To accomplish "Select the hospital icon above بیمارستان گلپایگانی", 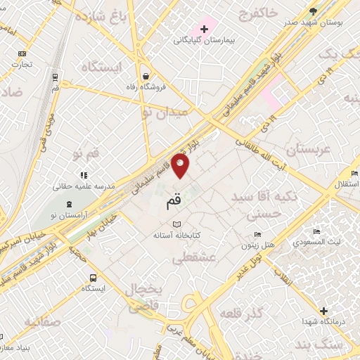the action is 204,29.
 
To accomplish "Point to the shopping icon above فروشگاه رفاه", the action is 145,76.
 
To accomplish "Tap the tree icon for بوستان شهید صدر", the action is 313,11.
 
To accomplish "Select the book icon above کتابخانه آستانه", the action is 167,224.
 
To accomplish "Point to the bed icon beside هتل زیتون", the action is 257,234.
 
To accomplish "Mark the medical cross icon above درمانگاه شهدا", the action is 323,311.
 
